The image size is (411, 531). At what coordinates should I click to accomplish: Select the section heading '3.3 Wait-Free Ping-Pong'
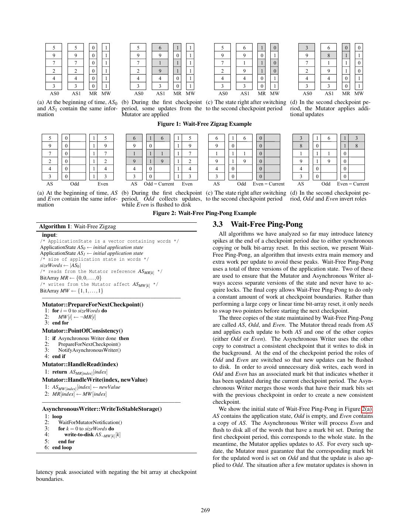coord(258,225)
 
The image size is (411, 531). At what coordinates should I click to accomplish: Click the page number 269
coord(205,510)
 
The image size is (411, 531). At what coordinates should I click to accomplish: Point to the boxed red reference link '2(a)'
coord(367,409)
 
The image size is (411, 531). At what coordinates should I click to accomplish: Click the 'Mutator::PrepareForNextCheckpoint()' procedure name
coord(93,305)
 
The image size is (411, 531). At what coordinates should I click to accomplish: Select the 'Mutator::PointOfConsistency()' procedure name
coord(82,331)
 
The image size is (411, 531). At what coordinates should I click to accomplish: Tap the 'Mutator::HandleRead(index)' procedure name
coord(80,364)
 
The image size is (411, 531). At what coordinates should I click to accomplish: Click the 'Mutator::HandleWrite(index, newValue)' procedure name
coord(95,380)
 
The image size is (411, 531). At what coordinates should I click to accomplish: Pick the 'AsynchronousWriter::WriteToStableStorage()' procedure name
coord(102,409)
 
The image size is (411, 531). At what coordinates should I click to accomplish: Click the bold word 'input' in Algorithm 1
coord(49,235)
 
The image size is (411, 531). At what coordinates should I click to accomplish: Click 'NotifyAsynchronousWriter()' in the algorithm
coord(89,350)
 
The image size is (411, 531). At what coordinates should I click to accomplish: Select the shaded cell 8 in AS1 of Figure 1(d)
coord(328,55)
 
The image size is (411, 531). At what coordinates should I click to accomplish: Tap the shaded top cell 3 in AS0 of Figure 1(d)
coord(306,48)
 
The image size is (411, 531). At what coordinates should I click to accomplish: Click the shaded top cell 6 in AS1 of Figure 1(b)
coord(160,48)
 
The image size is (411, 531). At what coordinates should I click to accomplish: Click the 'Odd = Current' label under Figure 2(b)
coord(159,184)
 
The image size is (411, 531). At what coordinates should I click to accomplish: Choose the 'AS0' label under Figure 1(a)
coord(54,94)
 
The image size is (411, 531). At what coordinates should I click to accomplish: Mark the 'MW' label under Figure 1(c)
coord(275,94)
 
